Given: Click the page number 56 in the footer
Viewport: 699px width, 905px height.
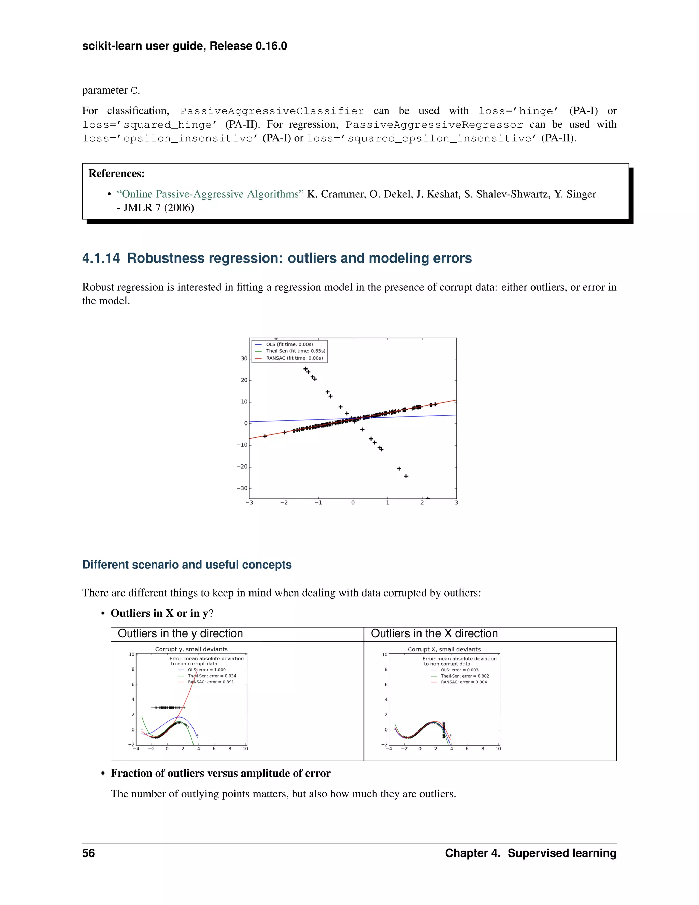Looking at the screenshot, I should tap(88, 853).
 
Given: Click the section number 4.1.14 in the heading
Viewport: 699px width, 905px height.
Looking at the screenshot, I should tap(101, 258).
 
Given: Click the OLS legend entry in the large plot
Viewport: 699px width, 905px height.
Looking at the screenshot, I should tap(289, 344).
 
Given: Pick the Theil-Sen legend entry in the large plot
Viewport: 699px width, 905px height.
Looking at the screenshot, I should tap(295, 351).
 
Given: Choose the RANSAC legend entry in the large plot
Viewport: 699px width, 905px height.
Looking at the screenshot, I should tap(294, 358).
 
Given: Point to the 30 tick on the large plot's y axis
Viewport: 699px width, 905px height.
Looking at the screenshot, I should tap(244, 359).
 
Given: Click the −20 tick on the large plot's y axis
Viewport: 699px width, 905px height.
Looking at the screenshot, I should tap(242, 467).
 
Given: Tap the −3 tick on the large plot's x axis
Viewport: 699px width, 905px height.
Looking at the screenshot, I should tap(249, 503).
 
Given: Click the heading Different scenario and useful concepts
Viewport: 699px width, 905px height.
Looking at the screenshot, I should tap(187, 565).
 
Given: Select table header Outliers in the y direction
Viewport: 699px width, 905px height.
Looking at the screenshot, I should tap(180, 633).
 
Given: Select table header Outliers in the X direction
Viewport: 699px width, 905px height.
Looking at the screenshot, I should tap(434, 633).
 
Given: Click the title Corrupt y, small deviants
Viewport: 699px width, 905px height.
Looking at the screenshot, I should tap(191, 649).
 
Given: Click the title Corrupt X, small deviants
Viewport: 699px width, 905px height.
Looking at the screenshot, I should tap(444, 649).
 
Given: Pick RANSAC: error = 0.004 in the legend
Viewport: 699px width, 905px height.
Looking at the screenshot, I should tap(463, 682).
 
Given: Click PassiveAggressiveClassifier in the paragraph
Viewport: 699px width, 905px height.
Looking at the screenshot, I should tap(272, 111).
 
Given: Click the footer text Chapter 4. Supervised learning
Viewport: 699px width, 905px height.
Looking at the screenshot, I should tap(530, 853).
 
